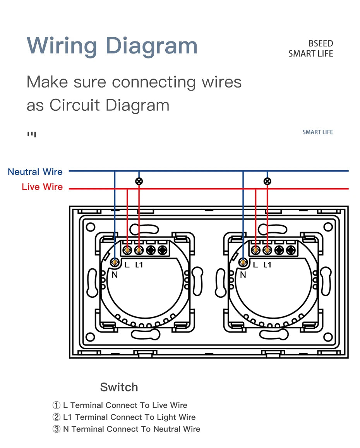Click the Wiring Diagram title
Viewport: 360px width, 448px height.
112,46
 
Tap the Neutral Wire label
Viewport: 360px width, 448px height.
35,172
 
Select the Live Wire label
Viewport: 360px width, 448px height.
42,187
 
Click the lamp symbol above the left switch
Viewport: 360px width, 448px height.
139,181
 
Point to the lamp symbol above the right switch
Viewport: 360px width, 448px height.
267,181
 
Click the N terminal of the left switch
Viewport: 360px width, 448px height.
115,263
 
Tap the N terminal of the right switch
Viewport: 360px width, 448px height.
243,263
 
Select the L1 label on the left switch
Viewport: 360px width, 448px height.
139,265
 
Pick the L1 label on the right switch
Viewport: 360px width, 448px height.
267,265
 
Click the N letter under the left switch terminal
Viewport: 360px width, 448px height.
115,275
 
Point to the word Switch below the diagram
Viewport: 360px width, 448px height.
119,387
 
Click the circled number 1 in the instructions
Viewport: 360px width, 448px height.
57,405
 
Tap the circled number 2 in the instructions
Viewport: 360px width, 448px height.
57,417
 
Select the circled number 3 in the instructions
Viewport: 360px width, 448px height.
57,429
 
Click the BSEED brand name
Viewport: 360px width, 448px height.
321,44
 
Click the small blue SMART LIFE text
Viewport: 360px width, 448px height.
317,132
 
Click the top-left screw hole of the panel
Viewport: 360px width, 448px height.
91,227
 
